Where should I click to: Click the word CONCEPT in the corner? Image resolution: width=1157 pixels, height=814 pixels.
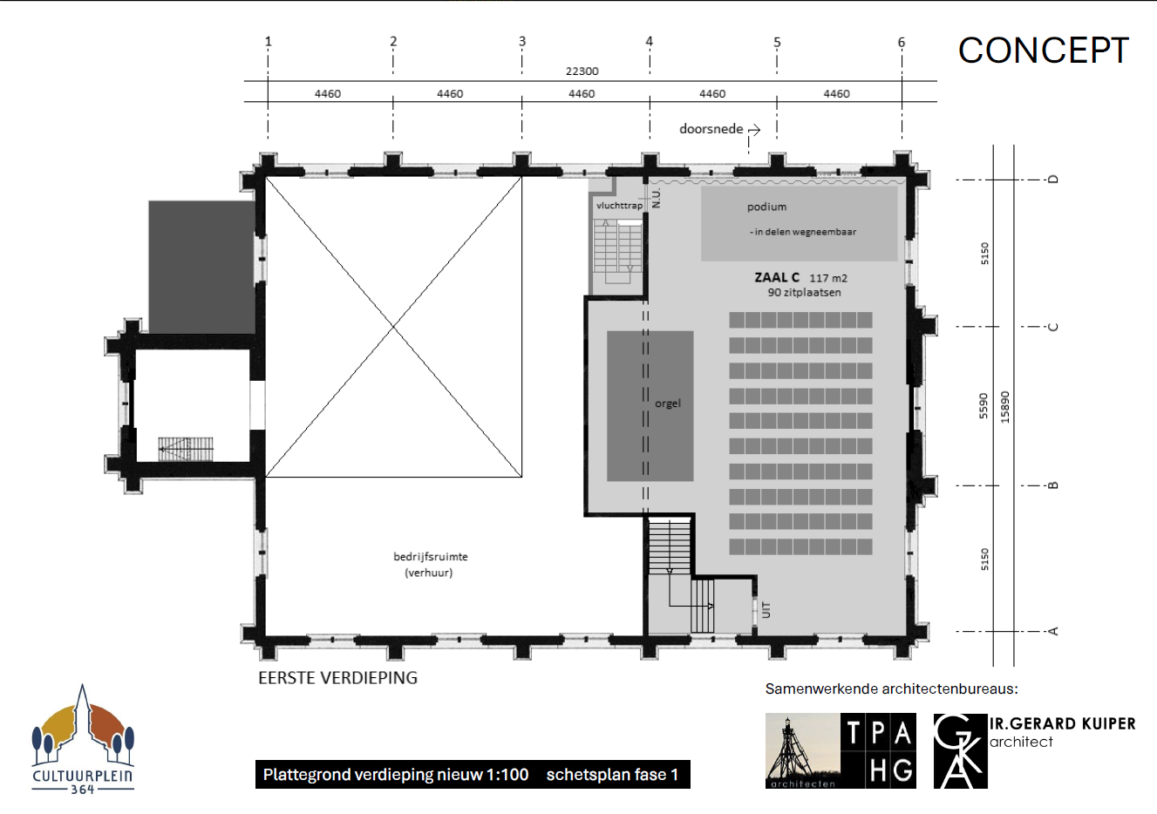[1044, 51]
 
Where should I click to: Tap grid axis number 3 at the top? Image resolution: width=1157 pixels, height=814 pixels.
[522, 41]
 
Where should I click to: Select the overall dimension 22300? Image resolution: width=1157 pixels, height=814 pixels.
[582, 71]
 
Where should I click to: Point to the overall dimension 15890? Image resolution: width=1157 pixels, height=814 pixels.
[1005, 407]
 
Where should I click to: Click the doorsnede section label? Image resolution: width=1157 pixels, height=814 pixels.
[711, 129]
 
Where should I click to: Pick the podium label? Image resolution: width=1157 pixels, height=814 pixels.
[767, 207]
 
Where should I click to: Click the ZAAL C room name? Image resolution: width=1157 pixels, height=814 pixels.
[777, 278]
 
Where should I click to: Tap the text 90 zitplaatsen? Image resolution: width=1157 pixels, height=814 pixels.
[804, 293]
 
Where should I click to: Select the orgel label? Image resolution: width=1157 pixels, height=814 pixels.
[668, 404]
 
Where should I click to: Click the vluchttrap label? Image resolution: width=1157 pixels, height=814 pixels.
[619, 206]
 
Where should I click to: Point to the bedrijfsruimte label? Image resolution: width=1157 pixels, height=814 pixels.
[431, 557]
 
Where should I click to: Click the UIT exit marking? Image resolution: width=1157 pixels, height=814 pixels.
[766, 610]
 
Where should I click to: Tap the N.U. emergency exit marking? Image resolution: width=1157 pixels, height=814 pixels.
[657, 198]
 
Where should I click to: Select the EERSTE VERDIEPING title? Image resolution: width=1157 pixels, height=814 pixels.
[337, 678]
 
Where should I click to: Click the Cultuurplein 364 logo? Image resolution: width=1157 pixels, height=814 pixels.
[83, 740]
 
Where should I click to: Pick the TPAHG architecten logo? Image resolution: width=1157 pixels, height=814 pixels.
[841, 751]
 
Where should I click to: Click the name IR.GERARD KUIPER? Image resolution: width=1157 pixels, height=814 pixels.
[1063, 723]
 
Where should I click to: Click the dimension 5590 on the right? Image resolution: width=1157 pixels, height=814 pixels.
[983, 406]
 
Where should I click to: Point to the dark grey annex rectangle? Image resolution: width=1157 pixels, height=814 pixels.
[201, 268]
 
